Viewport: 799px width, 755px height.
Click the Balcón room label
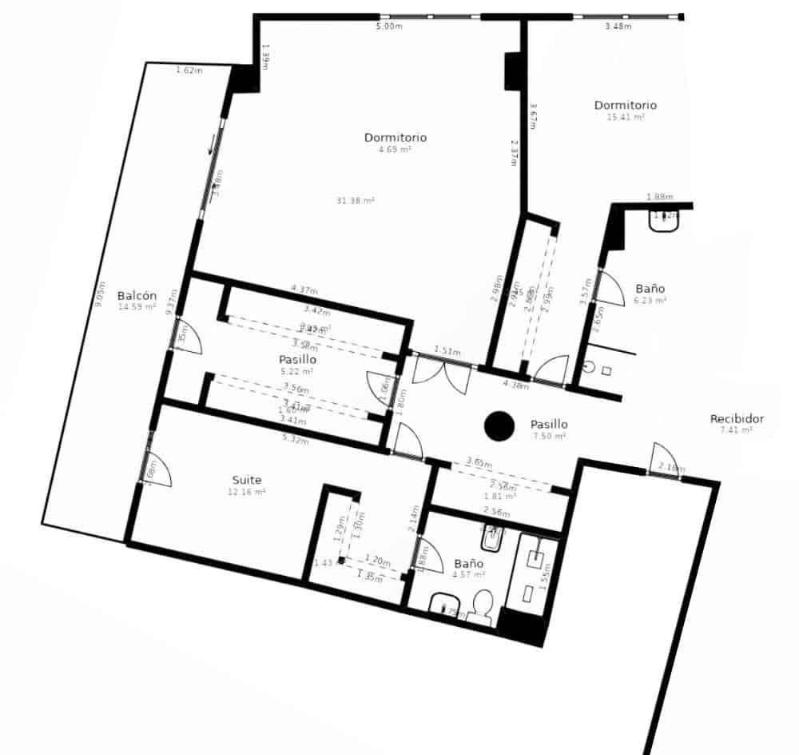pos(137,294)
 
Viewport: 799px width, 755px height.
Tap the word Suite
pos(247,480)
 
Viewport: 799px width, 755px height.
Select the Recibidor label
pos(737,418)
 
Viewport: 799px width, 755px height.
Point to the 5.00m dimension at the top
pos(389,26)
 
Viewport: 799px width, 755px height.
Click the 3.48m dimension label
pos(618,26)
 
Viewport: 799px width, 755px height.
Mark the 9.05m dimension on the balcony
pos(99,294)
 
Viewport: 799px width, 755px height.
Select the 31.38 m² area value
pos(356,201)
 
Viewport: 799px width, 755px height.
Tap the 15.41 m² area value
pos(626,117)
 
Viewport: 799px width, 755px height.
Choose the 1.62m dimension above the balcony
pos(189,70)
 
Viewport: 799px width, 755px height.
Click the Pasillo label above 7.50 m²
pos(549,424)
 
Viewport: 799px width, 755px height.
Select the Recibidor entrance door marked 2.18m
pos(662,462)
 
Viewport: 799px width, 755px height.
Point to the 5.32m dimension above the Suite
pos(295,439)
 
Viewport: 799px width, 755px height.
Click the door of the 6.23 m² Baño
pos(609,289)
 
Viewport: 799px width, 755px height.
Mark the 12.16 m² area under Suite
pos(247,492)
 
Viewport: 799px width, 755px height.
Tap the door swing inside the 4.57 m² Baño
pos(429,557)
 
